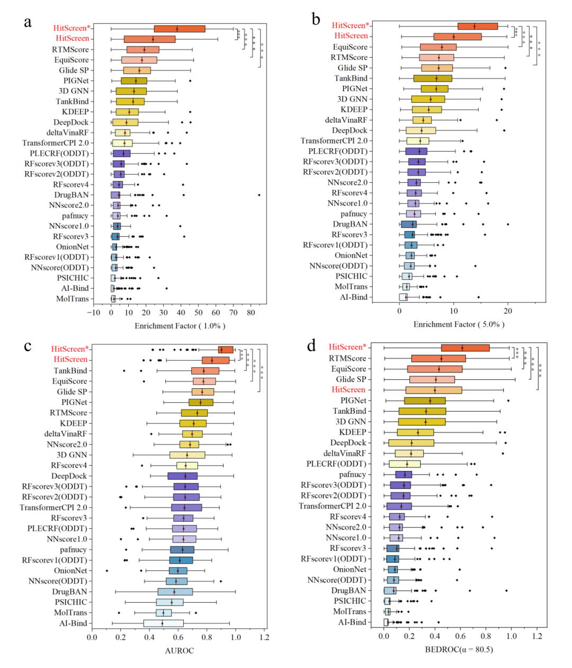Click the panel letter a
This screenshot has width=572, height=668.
tap(28, 22)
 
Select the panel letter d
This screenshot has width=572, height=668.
tap(311, 346)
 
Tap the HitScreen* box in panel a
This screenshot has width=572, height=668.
tap(180, 29)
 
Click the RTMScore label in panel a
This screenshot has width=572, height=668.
tap(70, 49)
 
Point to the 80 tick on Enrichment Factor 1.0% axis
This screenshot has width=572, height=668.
tap(251, 313)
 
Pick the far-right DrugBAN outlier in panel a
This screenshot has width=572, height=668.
tap(259, 195)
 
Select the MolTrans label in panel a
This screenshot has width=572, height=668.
tap(73, 299)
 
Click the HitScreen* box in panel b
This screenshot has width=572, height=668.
tap(478, 26)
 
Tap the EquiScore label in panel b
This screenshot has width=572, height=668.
tap(350, 47)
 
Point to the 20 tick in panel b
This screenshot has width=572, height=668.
tap(508, 310)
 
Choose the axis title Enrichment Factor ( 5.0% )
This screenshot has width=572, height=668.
tap(459, 324)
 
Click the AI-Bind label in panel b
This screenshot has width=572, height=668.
tap(353, 297)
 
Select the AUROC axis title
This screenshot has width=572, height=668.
tap(180, 651)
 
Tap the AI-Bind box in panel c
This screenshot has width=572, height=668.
tap(163, 623)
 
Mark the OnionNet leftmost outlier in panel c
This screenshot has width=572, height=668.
tap(107, 571)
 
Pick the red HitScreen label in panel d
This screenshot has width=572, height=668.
tap(348, 390)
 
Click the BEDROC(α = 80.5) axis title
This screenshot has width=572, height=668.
tap(459, 649)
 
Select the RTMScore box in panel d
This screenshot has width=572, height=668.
tap(439, 359)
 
